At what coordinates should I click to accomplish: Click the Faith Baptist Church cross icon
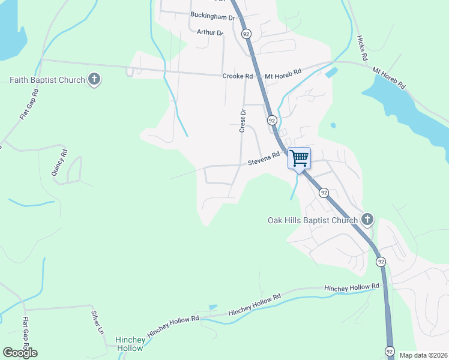(94, 79)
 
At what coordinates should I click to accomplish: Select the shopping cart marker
(299, 158)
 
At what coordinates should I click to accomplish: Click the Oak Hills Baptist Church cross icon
(367, 220)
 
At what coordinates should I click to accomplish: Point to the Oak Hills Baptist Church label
(312, 221)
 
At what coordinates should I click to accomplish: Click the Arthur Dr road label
(209, 32)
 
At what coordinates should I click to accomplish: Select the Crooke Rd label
(237, 76)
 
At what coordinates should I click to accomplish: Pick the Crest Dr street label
(243, 121)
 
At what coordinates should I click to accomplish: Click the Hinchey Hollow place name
(130, 344)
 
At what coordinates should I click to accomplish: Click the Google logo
(20, 352)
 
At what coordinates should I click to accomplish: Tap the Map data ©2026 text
(424, 355)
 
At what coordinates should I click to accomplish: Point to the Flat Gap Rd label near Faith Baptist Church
(28, 104)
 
